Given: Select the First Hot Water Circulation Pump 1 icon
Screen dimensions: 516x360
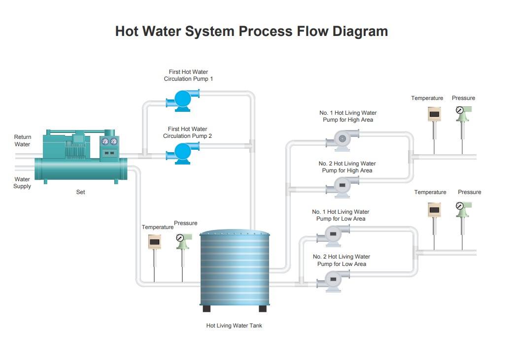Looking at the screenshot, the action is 183,100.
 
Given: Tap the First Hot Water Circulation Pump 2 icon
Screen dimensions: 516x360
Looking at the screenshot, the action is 183,153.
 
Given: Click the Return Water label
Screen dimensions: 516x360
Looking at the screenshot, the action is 22,140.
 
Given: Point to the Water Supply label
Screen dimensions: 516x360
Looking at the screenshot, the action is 22,183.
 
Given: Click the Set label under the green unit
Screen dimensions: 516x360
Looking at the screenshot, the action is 81,192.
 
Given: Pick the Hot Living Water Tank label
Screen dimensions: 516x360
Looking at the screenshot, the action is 234,326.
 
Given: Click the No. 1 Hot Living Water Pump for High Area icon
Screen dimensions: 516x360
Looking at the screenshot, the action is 342,140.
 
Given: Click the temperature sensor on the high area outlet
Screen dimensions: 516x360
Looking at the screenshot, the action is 434,131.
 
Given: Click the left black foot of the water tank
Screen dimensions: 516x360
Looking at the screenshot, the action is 206,308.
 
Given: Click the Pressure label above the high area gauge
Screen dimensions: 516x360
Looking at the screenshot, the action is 463,98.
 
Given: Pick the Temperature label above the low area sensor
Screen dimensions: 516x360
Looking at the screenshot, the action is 430,193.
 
